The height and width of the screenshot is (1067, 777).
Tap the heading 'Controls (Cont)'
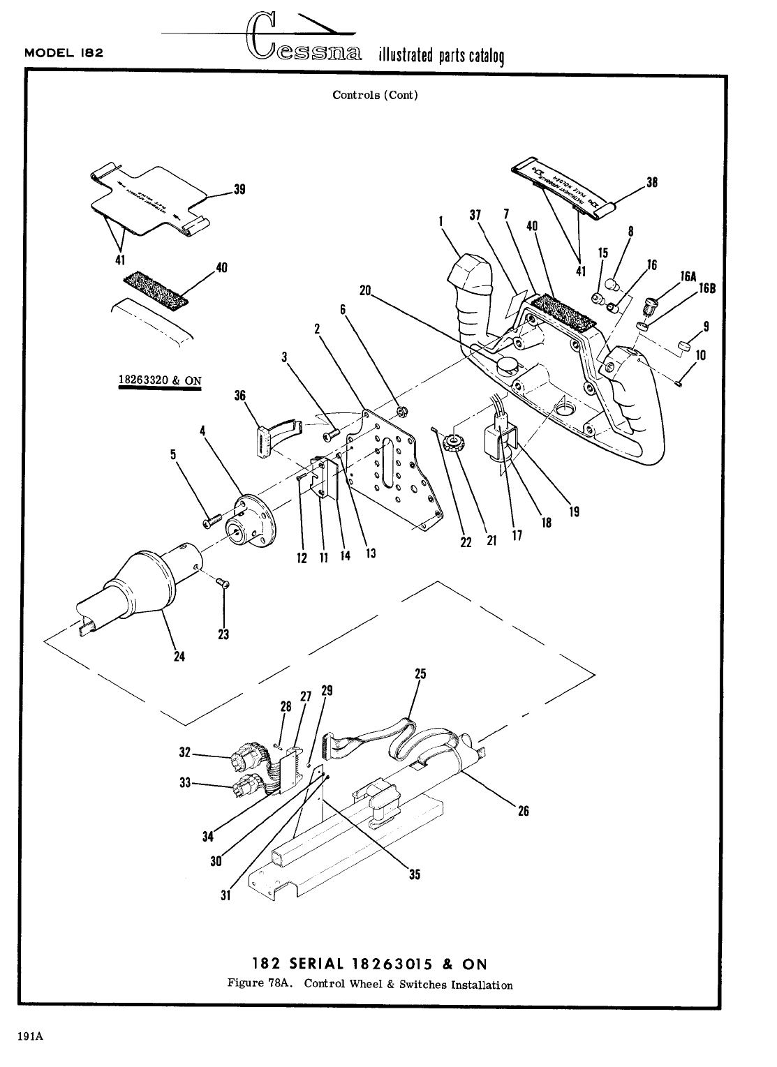375,95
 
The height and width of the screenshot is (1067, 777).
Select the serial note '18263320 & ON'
160,380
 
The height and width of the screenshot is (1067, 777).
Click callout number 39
239,189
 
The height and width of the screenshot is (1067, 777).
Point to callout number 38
652,183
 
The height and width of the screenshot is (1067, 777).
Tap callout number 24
179,657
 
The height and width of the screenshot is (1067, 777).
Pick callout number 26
523,811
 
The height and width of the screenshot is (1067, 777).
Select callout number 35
415,874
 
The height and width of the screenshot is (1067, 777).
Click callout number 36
240,396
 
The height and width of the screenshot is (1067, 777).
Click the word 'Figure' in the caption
244,985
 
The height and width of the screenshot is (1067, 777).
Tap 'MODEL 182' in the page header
64,53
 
